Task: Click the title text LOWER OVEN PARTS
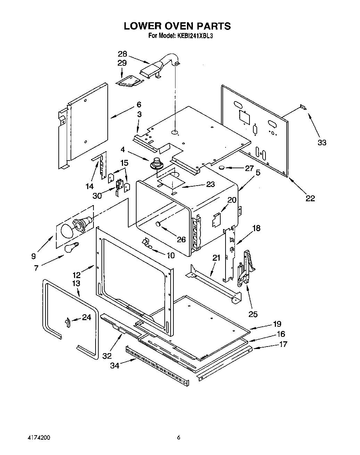pos(177,26)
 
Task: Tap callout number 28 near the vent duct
pos(122,54)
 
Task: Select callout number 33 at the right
pos(322,142)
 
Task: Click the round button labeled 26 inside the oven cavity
pos(159,224)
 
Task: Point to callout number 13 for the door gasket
pos(76,283)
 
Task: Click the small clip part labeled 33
pos(303,108)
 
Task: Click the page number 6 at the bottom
pos(179,437)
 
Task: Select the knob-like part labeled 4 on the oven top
pos(158,163)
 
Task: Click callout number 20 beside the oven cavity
pos(232,200)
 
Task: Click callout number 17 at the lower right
pos(283,344)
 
